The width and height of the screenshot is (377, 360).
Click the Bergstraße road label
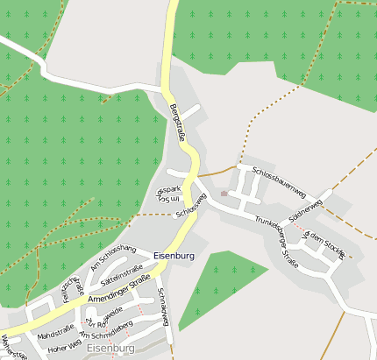tap(177, 123)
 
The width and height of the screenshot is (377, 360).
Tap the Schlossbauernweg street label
tap(278, 180)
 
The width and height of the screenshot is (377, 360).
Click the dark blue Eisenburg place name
tap(173, 256)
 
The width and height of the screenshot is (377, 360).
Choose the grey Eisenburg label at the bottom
tap(111, 349)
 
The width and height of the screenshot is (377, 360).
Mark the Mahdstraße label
tap(54, 333)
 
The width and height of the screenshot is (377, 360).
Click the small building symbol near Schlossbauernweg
tap(224, 193)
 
